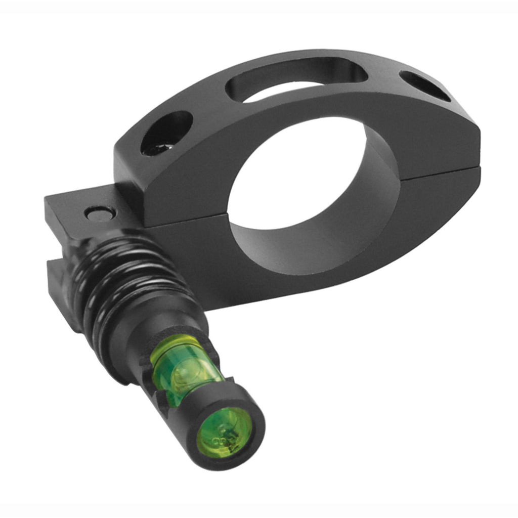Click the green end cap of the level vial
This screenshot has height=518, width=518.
coord(224,431)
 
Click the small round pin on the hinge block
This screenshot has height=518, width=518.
coord(96,214)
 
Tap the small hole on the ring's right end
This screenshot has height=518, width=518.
coord(425,86)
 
